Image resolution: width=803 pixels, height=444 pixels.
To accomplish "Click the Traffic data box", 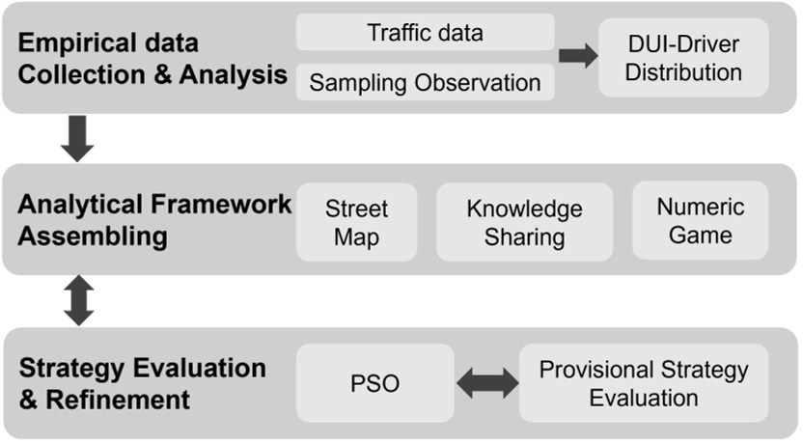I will (425, 32).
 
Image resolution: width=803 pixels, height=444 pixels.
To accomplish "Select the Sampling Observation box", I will (425, 82).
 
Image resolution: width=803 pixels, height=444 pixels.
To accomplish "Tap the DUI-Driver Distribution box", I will (683, 58).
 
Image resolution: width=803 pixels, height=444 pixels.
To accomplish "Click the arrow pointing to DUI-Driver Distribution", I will (577, 56).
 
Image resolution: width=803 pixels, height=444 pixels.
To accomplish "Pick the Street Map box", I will (356, 222).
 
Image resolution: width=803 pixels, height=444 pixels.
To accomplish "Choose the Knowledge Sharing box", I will (524, 222).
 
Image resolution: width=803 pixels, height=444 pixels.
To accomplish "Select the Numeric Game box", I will (700, 221).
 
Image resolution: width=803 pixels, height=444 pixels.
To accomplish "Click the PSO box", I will (374, 383).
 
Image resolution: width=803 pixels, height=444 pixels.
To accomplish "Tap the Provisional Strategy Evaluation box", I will (643, 383).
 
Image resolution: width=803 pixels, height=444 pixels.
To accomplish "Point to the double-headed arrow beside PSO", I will (486, 384).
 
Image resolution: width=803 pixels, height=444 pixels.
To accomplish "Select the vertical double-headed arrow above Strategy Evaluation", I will (77, 301).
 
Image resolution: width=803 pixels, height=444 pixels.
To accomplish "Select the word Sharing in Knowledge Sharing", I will (524, 236).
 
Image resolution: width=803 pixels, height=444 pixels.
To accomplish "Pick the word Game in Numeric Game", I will (700, 235).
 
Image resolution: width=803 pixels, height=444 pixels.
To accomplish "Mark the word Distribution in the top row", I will (683, 72).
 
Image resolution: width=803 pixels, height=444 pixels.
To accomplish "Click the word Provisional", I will (595, 370).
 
